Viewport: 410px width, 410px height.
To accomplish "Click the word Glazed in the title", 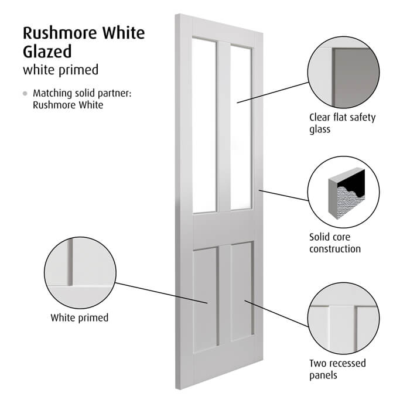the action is click(x=47, y=52).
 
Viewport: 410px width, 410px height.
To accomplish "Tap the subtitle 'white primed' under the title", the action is click(x=61, y=70).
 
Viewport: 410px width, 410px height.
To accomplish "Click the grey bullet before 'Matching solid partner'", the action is click(x=25, y=93).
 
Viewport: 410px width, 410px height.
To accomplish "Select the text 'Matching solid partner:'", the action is click(x=82, y=93).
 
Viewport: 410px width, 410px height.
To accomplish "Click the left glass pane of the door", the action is click(x=204, y=125).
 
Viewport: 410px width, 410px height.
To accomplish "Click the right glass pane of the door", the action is click(x=241, y=128).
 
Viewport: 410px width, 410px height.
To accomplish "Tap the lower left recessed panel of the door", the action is click(x=205, y=300).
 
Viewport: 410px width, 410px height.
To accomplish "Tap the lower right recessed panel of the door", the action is click(x=242, y=291).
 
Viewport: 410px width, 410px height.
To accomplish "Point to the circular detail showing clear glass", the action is click(x=343, y=73).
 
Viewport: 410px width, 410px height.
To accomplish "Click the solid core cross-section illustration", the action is click(x=347, y=193).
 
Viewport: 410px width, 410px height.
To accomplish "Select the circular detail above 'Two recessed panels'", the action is click(x=343, y=319).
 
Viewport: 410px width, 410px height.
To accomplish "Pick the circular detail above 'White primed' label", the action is click(x=80, y=273).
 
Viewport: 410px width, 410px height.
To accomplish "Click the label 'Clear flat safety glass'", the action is click(x=342, y=123).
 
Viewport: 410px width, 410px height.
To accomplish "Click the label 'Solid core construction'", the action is click(x=335, y=243).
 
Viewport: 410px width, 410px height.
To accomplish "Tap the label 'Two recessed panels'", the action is click(x=337, y=369).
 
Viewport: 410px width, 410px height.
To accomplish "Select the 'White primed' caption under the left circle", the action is click(x=80, y=318).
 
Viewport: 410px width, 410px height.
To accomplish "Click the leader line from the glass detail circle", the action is click(x=273, y=93).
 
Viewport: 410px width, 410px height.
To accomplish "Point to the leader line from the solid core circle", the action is click(x=283, y=196).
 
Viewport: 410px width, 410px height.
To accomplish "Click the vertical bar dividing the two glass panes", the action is click(x=224, y=127).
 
